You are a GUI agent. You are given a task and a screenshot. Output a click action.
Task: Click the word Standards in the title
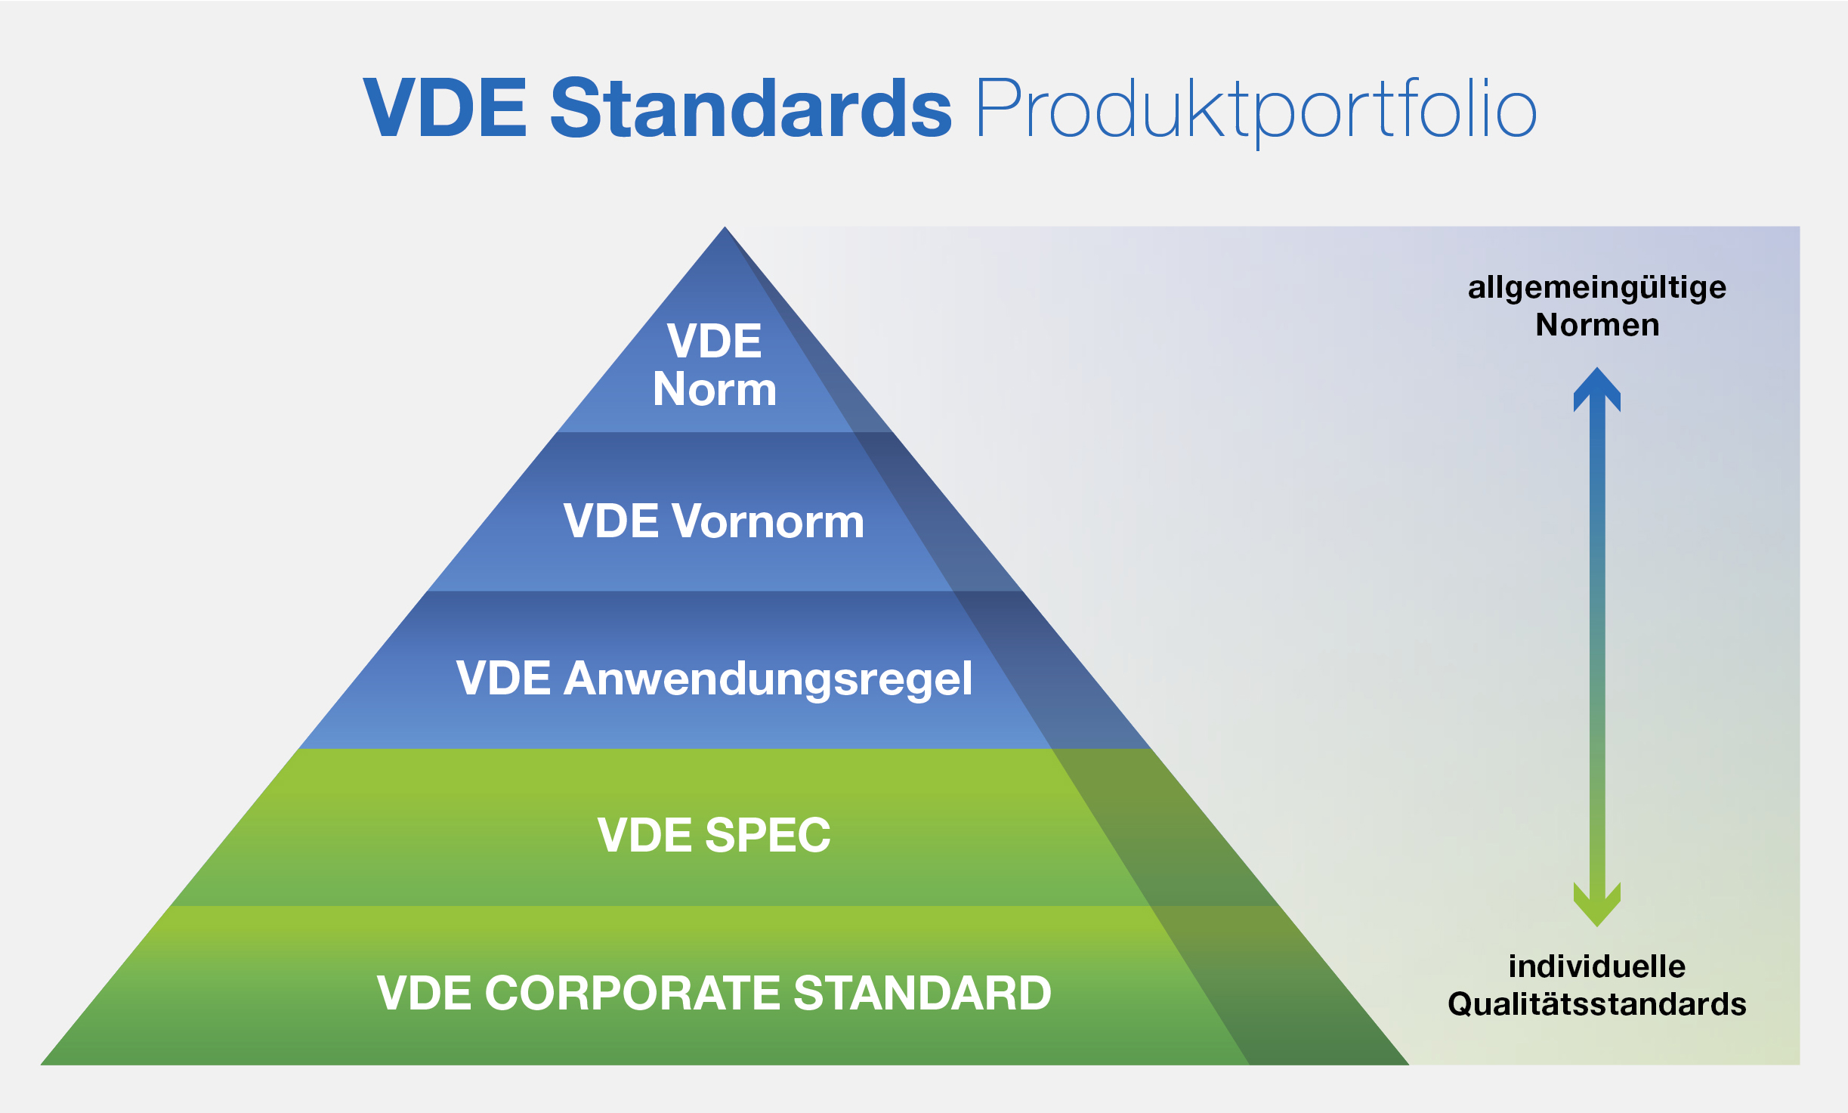click(x=751, y=108)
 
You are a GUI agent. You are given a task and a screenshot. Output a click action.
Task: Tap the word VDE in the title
click(x=445, y=108)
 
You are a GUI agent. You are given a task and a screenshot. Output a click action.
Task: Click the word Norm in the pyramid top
click(x=715, y=390)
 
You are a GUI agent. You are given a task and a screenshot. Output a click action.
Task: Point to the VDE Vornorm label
click(x=714, y=521)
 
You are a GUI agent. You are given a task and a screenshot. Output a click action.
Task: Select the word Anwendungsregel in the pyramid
click(x=768, y=680)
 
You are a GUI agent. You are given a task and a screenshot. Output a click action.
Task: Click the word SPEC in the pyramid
click(x=768, y=835)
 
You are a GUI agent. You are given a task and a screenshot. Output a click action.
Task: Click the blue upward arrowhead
click(x=1597, y=389)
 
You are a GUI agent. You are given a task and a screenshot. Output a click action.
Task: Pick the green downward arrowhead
click(x=1597, y=904)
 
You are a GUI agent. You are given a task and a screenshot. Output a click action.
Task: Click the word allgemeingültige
click(x=1597, y=289)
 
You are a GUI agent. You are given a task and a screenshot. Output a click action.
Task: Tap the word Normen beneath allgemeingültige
click(x=1597, y=325)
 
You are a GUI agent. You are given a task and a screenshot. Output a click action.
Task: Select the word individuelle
click(x=1597, y=966)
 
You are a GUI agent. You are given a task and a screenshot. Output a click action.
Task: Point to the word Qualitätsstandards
click(x=1597, y=1004)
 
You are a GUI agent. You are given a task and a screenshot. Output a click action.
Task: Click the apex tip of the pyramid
click(x=725, y=227)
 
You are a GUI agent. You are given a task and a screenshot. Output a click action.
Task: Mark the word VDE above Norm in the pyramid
click(x=715, y=341)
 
